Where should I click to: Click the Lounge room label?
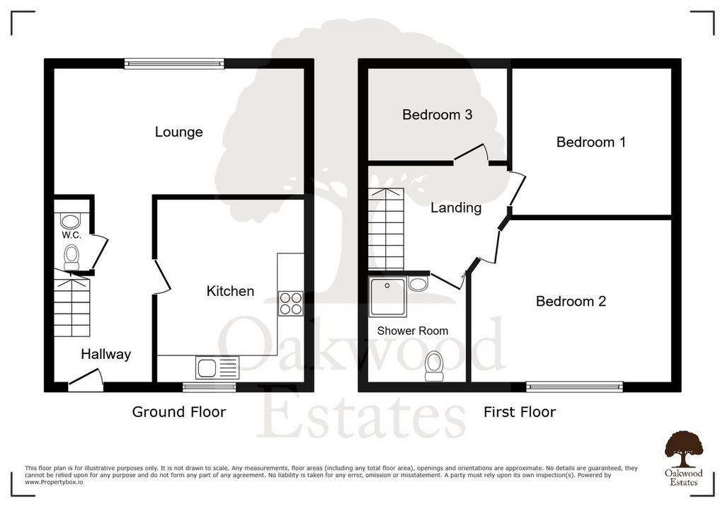tap(178, 132)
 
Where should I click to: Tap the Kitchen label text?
tap(230, 291)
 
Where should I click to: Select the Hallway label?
tap(106, 354)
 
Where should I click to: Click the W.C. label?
tap(72, 235)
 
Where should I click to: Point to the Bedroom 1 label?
tap(591, 142)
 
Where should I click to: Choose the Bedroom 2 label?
tap(571, 301)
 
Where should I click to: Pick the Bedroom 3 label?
tap(437, 115)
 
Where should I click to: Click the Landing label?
tap(456, 207)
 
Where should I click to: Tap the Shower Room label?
tap(413, 331)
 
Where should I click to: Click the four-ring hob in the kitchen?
tap(290, 304)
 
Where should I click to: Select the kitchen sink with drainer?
tap(217, 368)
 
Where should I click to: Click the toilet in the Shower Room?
tap(434, 366)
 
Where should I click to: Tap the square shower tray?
tap(387, 297)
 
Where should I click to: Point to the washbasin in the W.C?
tap(71, 221)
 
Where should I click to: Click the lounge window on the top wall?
tap(174, 64)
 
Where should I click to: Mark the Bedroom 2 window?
tap(574, 387)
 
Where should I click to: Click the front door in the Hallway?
tap(86, 380)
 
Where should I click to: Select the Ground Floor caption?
tap(179, 411)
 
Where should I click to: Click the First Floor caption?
tap(519, 411)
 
